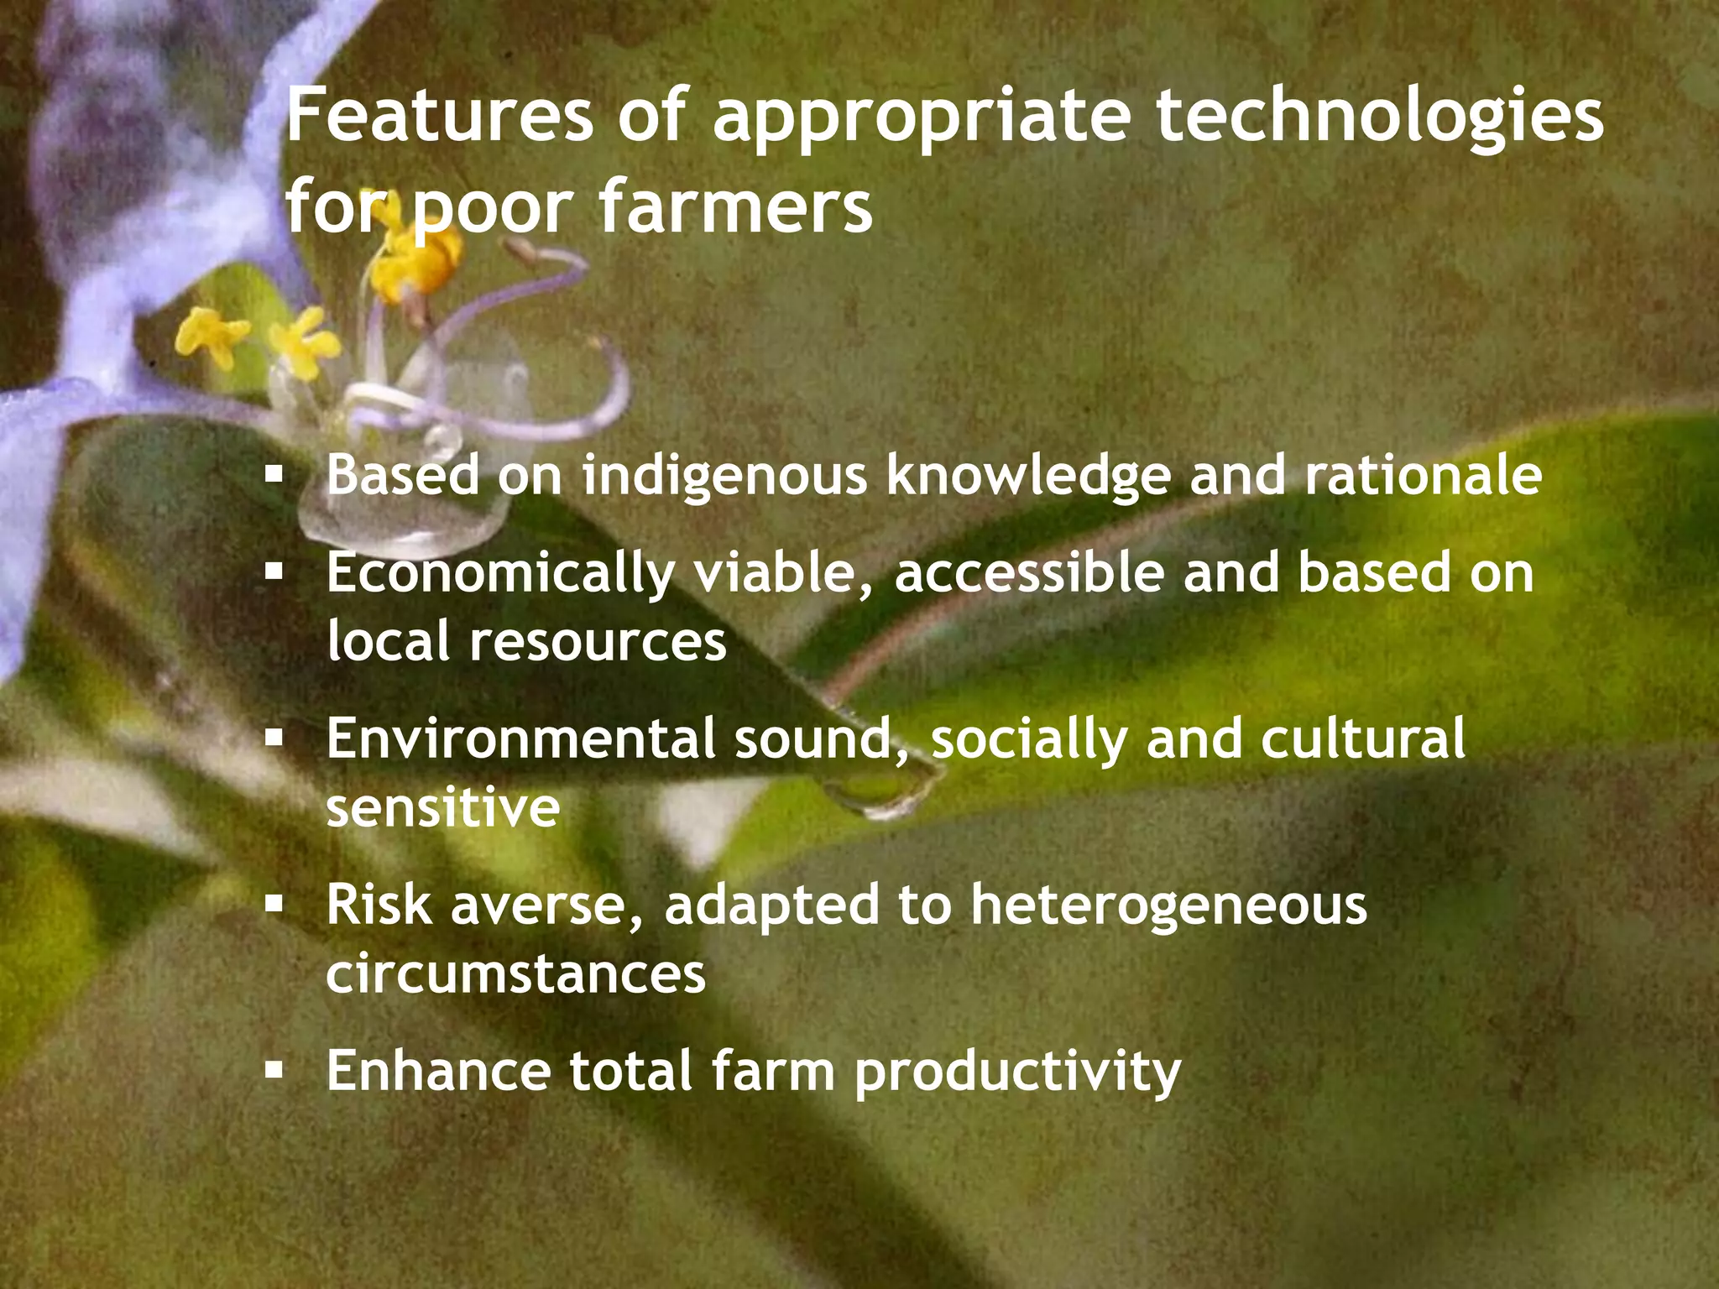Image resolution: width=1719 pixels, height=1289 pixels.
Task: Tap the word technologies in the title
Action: point(1380,118)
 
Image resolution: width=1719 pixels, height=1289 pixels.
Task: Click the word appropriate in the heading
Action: point(923,118)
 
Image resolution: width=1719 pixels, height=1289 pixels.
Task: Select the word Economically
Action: point(500,574)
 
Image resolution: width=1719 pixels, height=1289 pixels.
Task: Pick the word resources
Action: point(597,642)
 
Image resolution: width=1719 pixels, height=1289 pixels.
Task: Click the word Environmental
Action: point(521,738)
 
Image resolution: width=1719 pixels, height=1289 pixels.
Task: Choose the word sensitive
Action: point(443,807)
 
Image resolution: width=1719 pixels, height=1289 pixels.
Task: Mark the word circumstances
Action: point(516,974)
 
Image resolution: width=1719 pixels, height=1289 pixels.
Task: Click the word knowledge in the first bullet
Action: point(1028,476)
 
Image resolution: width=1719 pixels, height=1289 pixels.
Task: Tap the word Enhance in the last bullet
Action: point(439,1071)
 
